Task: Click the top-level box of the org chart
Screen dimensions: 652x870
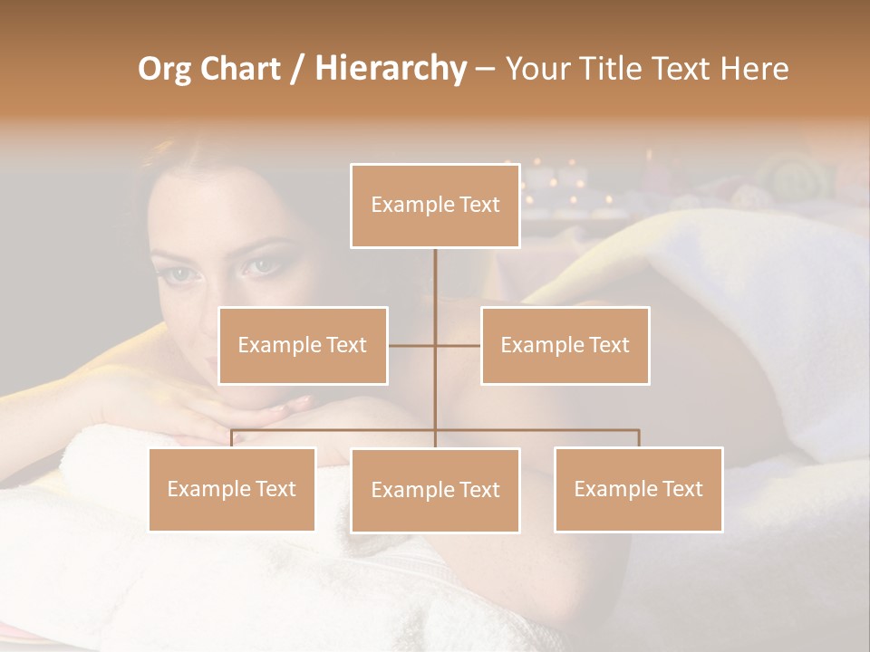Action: pyautogui.click(x=435, y=206)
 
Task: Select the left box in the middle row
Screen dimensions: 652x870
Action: pyautogui.click(x=303, y=345)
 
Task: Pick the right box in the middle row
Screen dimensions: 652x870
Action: pyautogui.click(x=565, y=345)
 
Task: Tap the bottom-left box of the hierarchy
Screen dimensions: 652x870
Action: pyautogui.click(x=232, y=489)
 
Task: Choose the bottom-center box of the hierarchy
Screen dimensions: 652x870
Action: pyautogui.click(x=435, y=490)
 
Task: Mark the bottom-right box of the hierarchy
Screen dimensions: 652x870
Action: pyautogui.click(x=638, y=489)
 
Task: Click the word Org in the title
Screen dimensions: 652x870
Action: pyautogui.click(x=165, y=70)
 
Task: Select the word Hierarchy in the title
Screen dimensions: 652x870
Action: pyautogui.click(x=390, y=70)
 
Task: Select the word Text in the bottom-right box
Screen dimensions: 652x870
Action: pyautogui.click(x=681, y=489)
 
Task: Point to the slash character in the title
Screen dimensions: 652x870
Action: pyautogui.click(x=296, y=70)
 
